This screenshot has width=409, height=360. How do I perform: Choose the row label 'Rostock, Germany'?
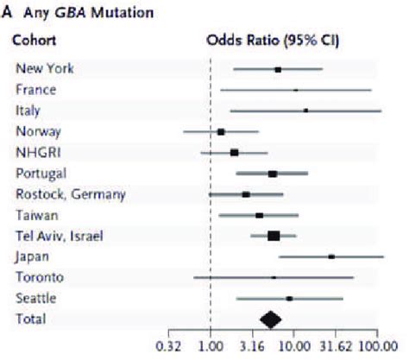point(70,193)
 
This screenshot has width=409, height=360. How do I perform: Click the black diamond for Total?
point(271,319)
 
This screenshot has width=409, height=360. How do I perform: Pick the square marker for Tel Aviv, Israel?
point(274,236)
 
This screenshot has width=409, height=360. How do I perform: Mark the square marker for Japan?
point(331,256)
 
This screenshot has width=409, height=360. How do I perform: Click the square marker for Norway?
point(221,131)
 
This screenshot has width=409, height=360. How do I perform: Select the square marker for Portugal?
point(273,174)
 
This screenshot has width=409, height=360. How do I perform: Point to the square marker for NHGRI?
point(234,152)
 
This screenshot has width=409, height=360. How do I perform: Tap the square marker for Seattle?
point(289,298)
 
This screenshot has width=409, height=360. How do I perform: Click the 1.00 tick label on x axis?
point(211,346)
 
